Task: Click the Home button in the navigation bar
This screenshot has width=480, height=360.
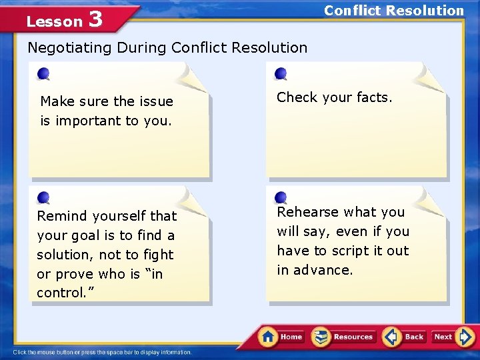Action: point(282,337)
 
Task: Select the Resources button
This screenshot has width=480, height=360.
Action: point(343,337)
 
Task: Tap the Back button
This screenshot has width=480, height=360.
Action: point(404,337)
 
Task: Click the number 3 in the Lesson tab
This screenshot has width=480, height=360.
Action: point(95,19)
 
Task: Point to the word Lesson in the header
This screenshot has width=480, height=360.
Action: point(54,21)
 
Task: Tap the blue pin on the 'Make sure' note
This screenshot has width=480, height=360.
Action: point(43,73)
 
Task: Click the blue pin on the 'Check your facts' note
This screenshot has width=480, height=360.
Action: point(281,73)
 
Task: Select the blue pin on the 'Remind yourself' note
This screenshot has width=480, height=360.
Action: point(43,197)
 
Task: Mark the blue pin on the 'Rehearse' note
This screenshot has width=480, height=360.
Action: point(281,197)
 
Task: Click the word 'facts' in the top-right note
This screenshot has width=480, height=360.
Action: point(373,97)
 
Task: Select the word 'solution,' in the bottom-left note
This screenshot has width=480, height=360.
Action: point(64,255)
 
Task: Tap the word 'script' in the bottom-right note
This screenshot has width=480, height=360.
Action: point(349,251)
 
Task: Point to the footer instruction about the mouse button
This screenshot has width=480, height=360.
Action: point(102,352)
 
